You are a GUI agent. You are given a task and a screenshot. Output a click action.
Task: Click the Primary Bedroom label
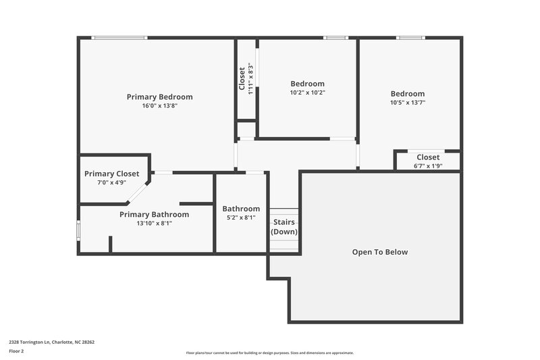click(159, 97)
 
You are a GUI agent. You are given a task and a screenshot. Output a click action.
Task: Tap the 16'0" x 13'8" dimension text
click(159, 106)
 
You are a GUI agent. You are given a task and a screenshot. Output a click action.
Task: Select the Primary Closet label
click(111, 174)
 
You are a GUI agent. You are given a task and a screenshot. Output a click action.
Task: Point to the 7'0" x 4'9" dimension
click(111, 182)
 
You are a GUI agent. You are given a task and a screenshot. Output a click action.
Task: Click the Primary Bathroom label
click(154, 214)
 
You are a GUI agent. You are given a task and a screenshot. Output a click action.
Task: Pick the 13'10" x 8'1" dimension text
click(154, 223)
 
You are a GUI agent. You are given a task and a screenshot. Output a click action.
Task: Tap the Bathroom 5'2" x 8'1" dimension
click(241, 218)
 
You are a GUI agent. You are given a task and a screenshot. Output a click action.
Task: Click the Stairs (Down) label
click(283, 227)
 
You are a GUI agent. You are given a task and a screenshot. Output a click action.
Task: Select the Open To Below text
click(380, 252)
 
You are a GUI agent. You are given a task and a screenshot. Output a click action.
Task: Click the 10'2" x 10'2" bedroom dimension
click(307, 93)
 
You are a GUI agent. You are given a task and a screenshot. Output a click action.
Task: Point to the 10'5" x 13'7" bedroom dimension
click(407, 103)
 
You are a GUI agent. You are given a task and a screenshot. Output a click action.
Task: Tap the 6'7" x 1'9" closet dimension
click(427, 165)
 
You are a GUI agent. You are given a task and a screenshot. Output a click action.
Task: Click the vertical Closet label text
click(242, 78)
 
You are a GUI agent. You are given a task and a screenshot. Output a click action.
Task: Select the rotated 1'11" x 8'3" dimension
click(250, 78)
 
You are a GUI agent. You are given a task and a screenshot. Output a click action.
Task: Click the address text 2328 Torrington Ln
click(51, 342)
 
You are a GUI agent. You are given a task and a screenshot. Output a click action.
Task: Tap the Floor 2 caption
click(16, 351)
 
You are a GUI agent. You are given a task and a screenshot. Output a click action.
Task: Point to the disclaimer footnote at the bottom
click(269, 353)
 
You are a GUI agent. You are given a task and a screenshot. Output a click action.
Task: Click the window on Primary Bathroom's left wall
click(79, 230)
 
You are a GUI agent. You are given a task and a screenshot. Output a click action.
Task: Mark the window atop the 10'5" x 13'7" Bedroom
click(410, 38)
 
